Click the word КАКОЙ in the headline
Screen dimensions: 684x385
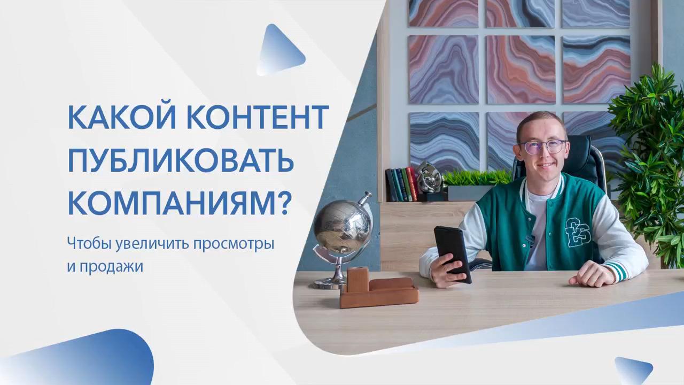121,117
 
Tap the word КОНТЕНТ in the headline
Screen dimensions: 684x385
258,117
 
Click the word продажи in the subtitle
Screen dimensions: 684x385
111,267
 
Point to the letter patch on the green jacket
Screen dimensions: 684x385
578,232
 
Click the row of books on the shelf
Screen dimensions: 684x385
401,184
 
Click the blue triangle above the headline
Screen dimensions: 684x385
279,50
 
